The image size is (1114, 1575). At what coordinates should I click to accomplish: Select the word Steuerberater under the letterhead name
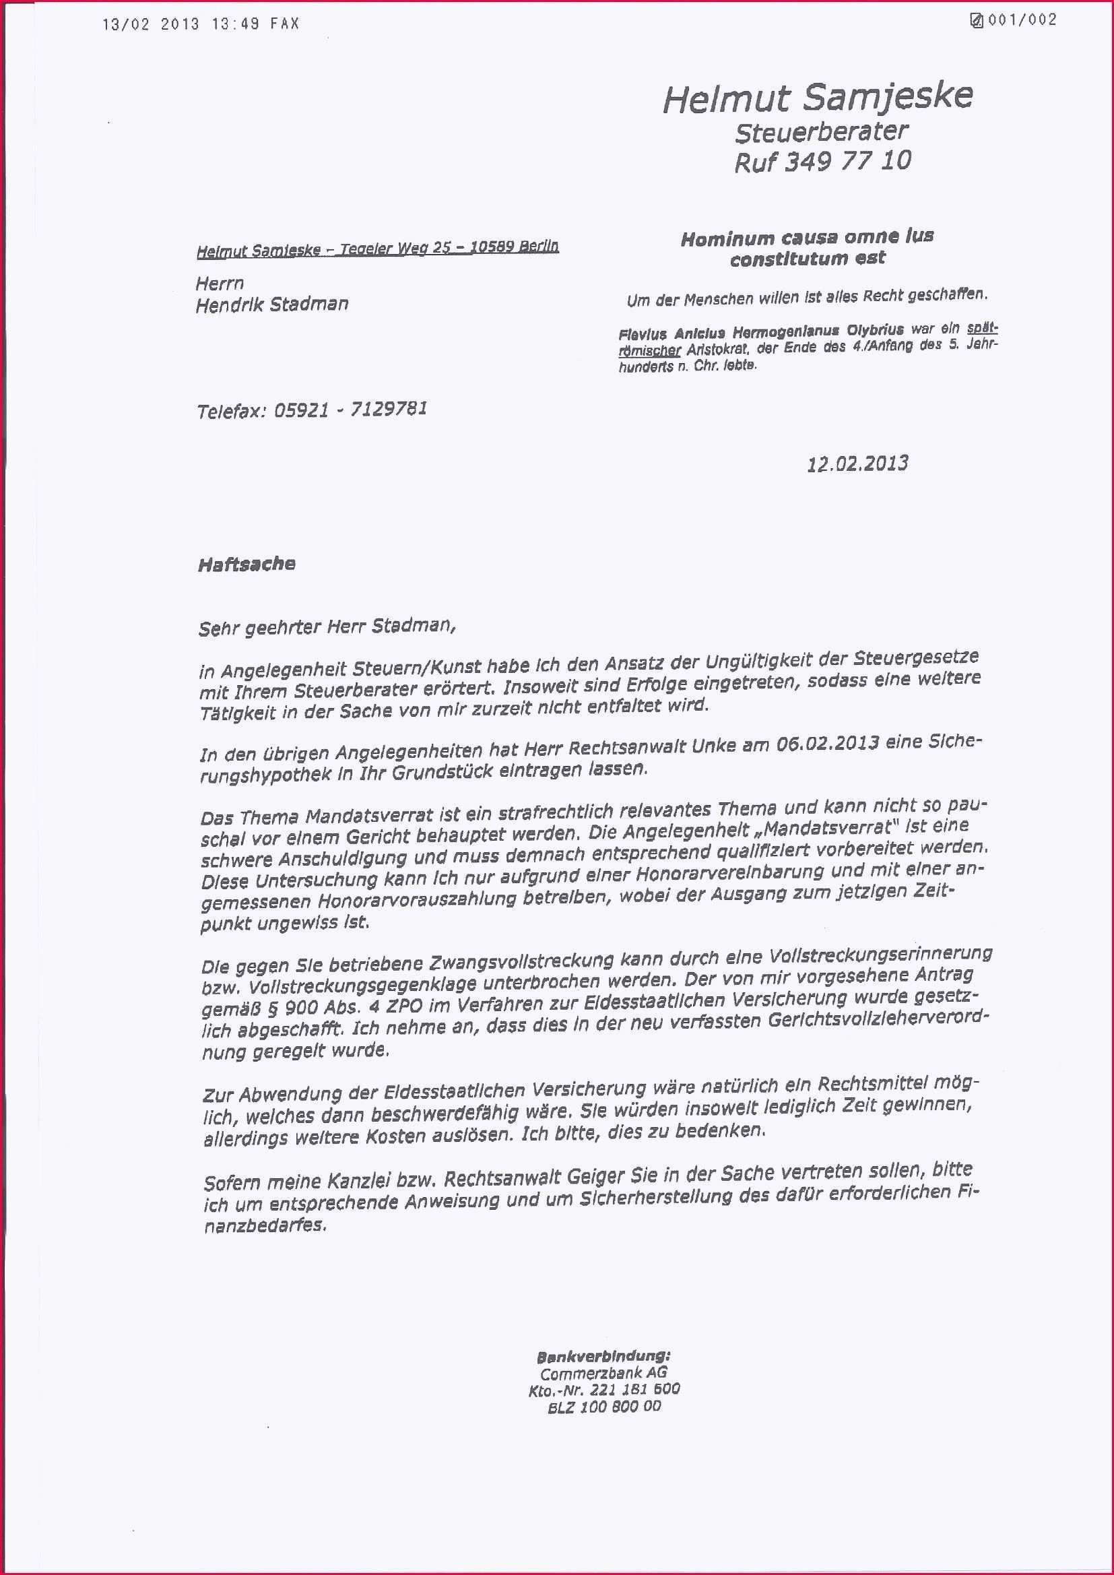coord(822,131)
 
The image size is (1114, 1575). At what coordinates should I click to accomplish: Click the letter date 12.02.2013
coord(857,464)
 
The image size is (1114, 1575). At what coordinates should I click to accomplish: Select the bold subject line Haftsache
coord(247,565)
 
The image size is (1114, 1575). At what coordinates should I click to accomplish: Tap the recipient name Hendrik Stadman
coord(271,304)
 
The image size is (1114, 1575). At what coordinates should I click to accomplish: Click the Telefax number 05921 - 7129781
coord(350,410)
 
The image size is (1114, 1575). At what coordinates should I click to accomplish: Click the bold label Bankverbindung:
coord(603,1356)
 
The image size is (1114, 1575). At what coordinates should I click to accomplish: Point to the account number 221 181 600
coord(634,1389)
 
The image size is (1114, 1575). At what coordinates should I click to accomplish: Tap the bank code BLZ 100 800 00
coord(603,1407)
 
